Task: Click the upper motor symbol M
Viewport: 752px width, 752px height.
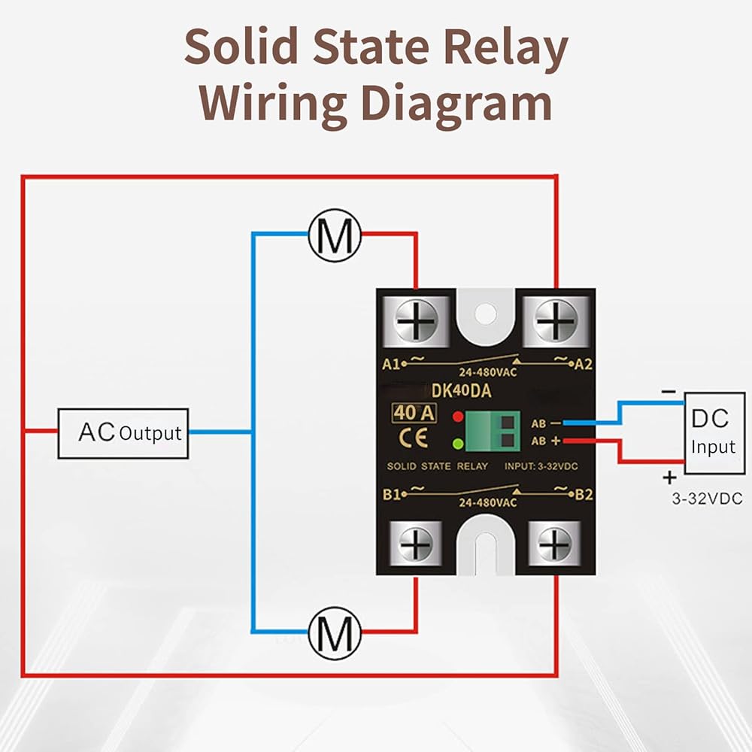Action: (x=335, y=235)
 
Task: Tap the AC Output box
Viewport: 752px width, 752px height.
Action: (x=123, y=433)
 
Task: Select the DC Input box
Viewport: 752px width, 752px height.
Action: (x=713, y=433)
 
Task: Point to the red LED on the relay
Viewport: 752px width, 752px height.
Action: (x=457, y=416)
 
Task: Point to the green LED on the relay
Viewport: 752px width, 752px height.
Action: (x=457, y=443)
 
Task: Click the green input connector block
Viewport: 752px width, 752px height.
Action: (x=493, y=430)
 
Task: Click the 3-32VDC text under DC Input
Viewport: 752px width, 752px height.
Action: (x=707, y=499)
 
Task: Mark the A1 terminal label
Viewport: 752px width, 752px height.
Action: (x=390, y=365)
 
